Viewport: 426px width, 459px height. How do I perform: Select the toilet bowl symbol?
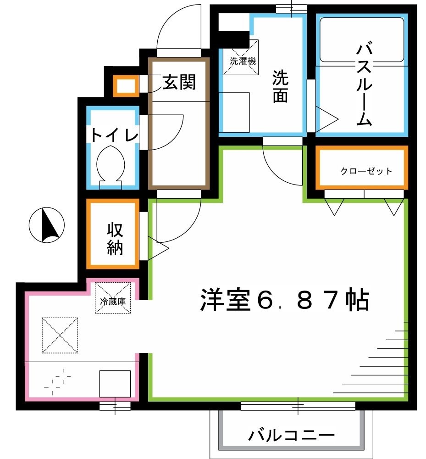click(111, 164)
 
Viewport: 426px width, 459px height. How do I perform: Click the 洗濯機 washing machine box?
click(240, 57)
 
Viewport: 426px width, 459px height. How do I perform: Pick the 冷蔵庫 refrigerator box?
click(113, 298)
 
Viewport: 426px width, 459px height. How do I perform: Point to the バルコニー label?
click(292, 435)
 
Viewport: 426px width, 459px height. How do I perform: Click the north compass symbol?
click(47, 224)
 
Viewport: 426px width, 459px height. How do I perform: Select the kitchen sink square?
click(115, 383)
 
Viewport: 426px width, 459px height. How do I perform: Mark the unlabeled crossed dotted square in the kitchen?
click(60, 335)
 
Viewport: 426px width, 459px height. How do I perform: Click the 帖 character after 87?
click(357, 300)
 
